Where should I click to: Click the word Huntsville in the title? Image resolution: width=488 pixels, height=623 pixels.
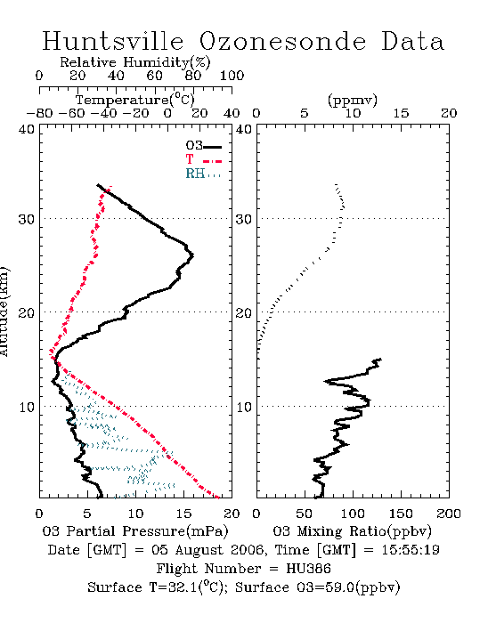pyautogui.click(x=113, y=41)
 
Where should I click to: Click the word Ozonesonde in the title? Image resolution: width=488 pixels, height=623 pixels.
pyautogui.click(x=282, y=41)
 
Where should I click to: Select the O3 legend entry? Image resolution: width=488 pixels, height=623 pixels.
pyautogui.click(x=203, y=146)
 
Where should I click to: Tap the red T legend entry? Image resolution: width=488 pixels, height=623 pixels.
pyautogui.click(x=203, y=159)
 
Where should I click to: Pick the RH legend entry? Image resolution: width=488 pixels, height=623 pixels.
pyautogui.click(x=203, y=174)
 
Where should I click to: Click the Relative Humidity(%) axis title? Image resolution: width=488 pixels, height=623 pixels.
pyautogui.click(x=135, y=62)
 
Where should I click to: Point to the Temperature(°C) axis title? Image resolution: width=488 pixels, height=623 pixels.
pyautogui.click(x=135, y=100)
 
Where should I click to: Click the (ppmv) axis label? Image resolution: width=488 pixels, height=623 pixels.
pyautogui.click(x=353, y=100)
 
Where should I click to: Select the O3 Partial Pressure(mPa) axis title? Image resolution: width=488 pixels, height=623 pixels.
pyautogui.click(x=135, y=531)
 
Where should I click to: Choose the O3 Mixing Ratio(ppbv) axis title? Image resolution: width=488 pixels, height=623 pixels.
pyautogui.click(x=352, y=531)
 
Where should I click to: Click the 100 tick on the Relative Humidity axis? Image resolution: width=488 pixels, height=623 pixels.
pyautogui.click(x=232, y=76)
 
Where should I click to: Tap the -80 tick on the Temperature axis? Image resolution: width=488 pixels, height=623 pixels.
pyautogui.click(x=39, y=113)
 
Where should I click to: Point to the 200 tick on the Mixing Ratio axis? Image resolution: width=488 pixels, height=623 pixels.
pyautogui.click(x=449, y=514)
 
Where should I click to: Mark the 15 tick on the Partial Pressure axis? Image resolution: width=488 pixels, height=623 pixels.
pyautogui.click(x=183, y=514)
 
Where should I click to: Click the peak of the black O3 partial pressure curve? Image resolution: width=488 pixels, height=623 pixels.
pyautogui.click(x=192, y=255)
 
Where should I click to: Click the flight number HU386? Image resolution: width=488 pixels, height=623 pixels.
pyautogui.click(x=308, y=569)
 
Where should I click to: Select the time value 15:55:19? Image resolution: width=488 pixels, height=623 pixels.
pyautogui.click(x=411, y=550)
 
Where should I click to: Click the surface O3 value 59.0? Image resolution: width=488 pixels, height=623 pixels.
pyautogui.click(x=341, y=587)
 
